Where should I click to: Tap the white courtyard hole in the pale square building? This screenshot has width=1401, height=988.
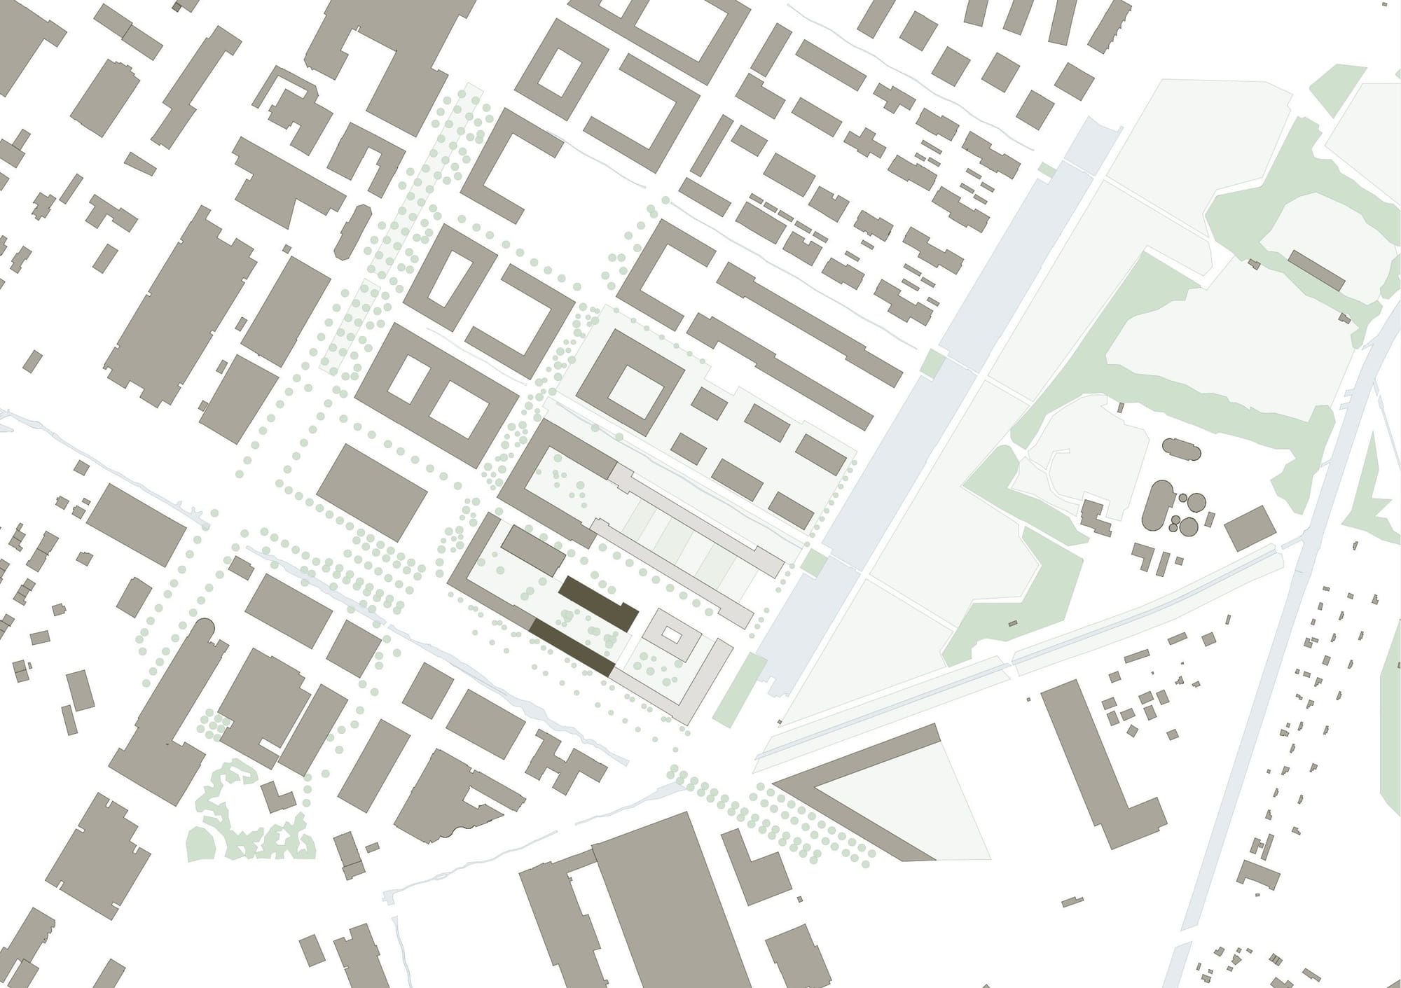click(671, 636)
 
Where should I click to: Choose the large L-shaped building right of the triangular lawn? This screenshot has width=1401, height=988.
click(1107, 784)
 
